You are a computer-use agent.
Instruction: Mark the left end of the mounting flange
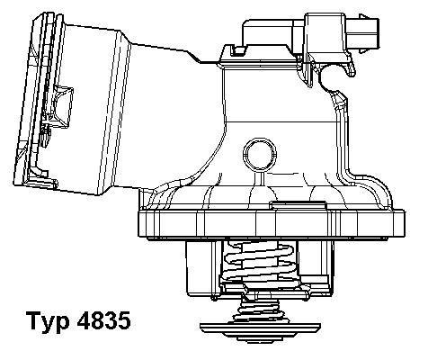(140, 222)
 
